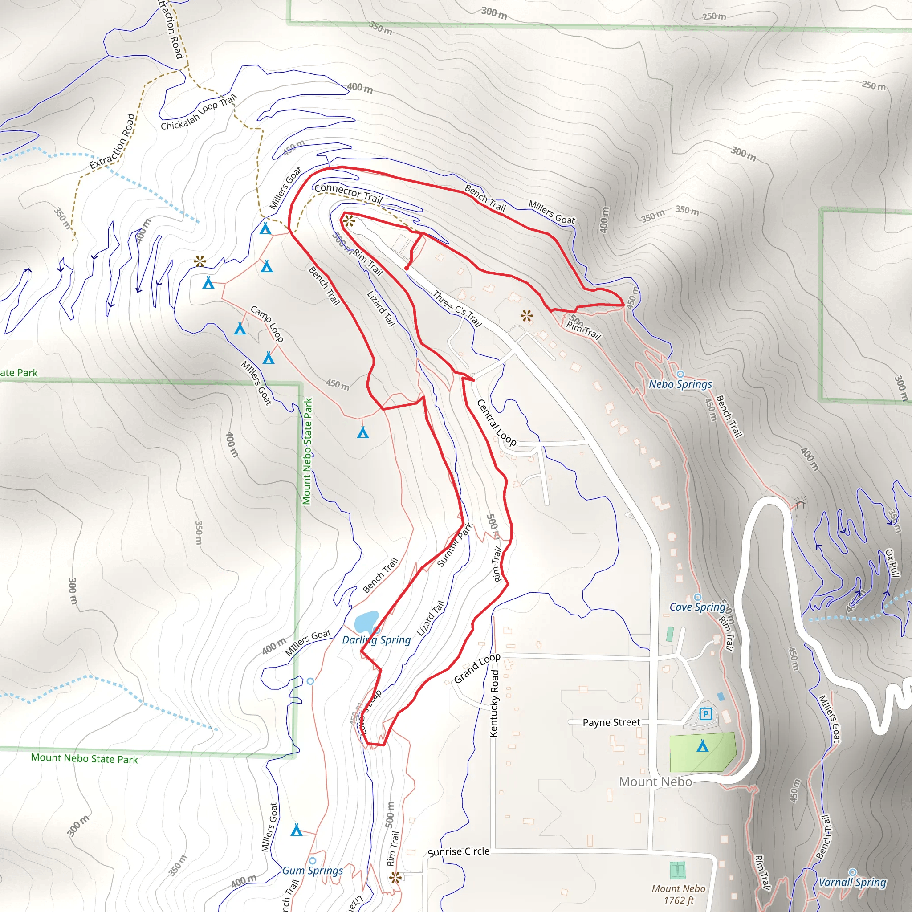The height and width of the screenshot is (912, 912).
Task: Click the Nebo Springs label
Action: click(680, 384)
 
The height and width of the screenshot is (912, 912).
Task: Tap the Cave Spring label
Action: click(697, 607)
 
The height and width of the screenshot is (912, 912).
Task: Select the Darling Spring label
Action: click(376, 640)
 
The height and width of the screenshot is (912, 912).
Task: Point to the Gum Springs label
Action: click(313, 871)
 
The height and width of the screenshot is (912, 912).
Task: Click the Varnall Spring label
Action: click(852, 882)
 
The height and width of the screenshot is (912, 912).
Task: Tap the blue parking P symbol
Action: click(705, 714)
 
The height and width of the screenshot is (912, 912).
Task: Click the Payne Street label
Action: click(611, 723)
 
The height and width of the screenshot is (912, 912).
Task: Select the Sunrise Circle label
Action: click(458, 851)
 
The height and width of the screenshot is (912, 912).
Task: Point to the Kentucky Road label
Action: click(494, 703)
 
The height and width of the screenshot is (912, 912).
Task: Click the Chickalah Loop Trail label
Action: click(198, 112)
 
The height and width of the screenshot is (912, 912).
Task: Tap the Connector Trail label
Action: click(348, 192)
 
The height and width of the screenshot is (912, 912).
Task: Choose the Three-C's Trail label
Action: click(457, 309)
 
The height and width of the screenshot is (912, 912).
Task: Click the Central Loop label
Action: click(496, 423)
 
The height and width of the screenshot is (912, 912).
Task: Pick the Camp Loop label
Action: click(267, 323)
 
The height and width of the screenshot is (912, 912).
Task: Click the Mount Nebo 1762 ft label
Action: click(678, 895)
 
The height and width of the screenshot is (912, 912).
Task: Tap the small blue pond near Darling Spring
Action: click(366, 623)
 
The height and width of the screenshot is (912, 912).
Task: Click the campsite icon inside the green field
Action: click(702, 746)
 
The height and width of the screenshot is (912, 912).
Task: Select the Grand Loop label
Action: click(477, 668)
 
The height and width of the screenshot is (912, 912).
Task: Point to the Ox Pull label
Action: click(892, 563)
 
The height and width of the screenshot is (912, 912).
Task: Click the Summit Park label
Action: click(454, 545)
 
